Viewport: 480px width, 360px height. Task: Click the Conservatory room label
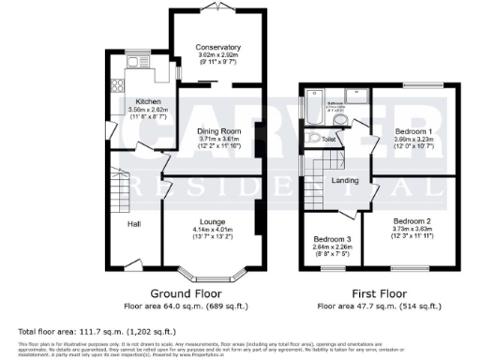pos(217,47)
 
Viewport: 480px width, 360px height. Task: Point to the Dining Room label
pos(220,131)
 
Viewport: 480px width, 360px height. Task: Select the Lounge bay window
pos(213,276)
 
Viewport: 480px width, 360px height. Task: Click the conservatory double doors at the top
pos(217,8)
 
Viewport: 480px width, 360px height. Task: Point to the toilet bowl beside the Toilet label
pos(313,139)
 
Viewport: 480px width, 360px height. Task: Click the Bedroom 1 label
pos(412,131)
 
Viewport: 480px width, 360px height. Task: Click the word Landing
pos(346,180)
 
